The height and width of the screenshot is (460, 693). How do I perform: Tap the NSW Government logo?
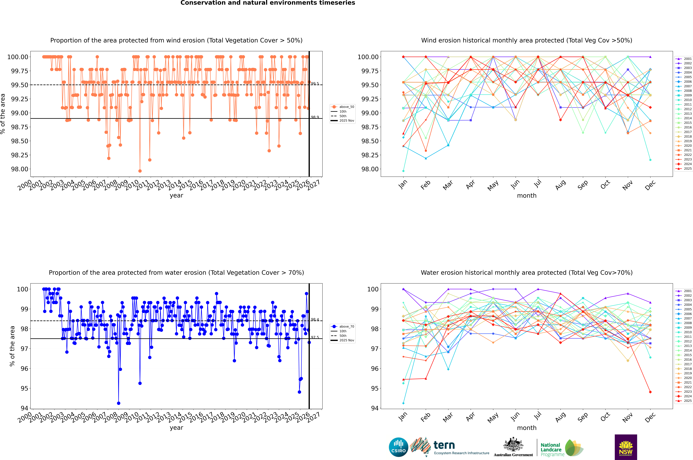click(x=626, y=447)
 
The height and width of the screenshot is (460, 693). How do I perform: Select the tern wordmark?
click(x=444, y=445)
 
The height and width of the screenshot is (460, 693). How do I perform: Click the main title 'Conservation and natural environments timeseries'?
click(x=268, y=3)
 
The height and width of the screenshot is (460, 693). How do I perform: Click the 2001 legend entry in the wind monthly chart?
click(x=684, y=59)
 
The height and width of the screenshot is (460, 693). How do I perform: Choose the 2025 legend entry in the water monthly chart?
click(x=684, y=401)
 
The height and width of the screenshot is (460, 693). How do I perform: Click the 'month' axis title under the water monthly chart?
click(x=527, y=428)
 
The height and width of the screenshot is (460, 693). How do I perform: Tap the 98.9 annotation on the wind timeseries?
click(x=315, y=117)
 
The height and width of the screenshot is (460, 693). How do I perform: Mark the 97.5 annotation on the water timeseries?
click(x=315, y=337)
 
